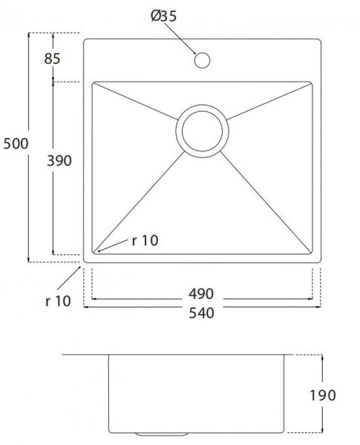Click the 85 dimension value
(x=51, y=59)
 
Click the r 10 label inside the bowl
(x=145, y=240)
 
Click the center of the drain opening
(x=201, y=129)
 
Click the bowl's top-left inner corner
(x=93, y=83)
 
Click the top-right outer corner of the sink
(x=321, y=35)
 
